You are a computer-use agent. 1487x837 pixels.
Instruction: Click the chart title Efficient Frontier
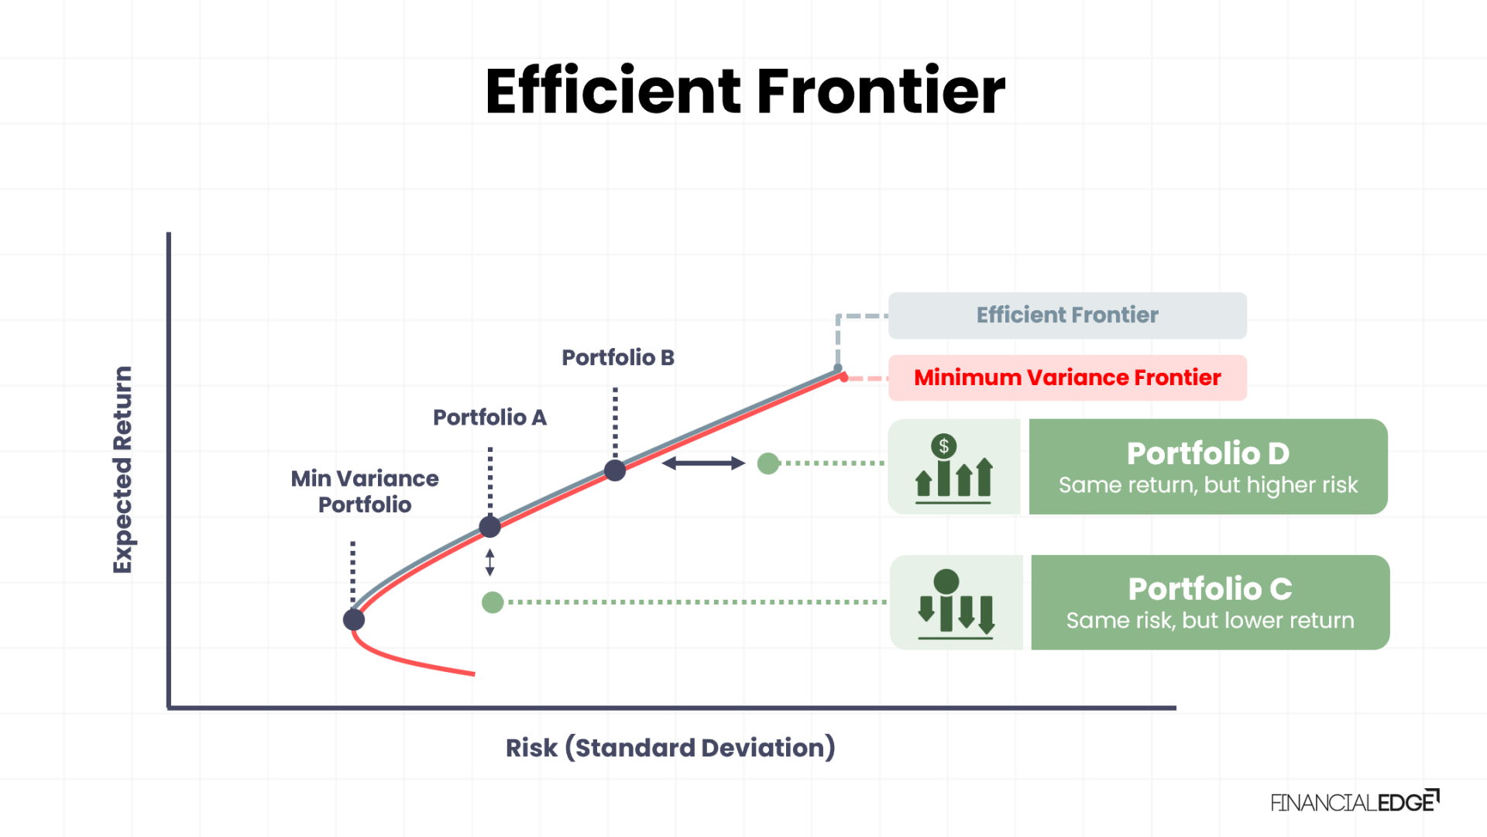[744, 91]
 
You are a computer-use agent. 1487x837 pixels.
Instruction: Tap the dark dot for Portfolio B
[615, 470]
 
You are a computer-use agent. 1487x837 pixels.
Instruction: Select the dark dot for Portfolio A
[489, 527]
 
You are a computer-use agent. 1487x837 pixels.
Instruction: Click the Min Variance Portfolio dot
[354, 619]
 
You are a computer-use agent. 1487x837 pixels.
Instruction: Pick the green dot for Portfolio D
[768, 463]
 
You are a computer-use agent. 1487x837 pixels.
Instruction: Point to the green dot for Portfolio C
[493, 602]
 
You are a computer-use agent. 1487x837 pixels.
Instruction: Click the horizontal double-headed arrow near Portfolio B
[703, 463]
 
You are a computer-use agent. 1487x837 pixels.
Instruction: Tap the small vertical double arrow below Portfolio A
[489, 563]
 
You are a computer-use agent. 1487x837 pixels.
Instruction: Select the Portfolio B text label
[617, 357]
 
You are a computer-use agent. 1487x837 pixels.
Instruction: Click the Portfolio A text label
[489, 418]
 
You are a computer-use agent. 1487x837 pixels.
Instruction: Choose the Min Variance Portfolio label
[365, 491]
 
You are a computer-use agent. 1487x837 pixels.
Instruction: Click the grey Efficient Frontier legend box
[1067, 315]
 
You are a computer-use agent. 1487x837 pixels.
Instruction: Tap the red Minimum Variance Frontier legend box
[1067, 377]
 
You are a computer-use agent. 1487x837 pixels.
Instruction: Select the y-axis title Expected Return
[122, 470]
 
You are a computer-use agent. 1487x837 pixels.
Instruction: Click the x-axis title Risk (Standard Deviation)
[670, 748]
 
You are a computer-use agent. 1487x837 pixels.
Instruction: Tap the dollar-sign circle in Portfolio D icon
[943, 446]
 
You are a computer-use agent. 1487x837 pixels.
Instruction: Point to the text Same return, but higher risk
[1207, 485]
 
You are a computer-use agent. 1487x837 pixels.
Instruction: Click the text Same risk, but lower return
[1210, 621]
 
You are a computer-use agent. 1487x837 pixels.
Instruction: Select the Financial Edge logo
[1354, 802]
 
